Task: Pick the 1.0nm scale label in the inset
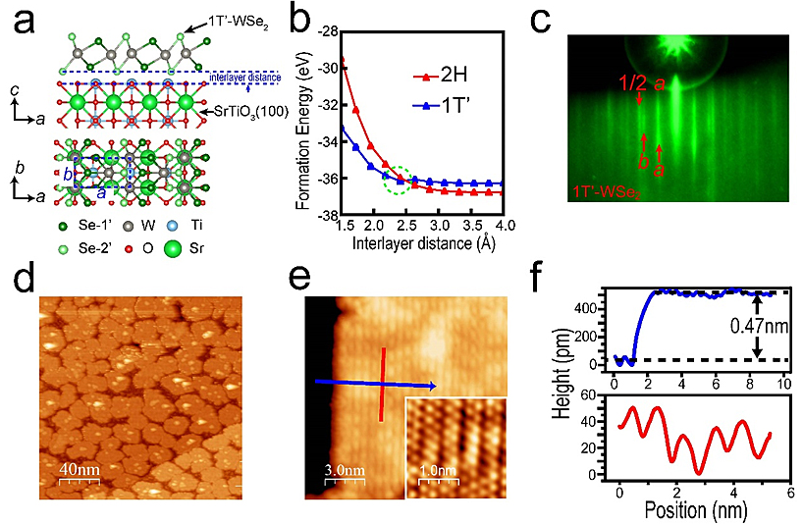[x=436, y=470]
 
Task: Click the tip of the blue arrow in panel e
[x=436, y=389]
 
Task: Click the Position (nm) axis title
[x=697, y=508]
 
